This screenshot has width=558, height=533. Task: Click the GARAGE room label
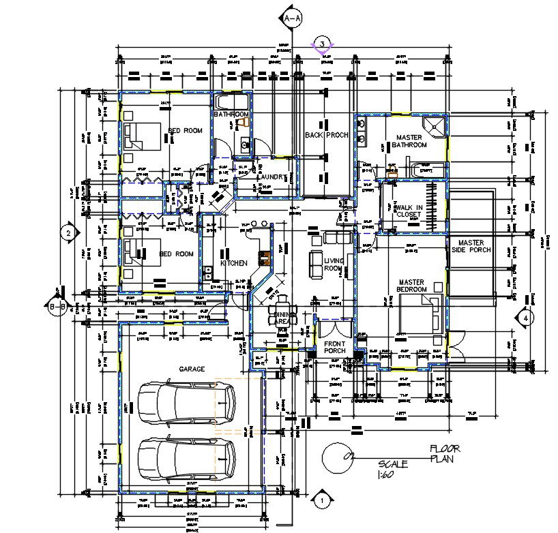(x=192, y=369)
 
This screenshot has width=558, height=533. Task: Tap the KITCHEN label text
(x=233, y=263)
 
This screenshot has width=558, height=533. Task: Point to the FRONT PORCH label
(x=335, y=347)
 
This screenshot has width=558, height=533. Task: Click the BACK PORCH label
(x=327, y=135)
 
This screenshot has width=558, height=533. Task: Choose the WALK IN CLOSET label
(x=409, y=211)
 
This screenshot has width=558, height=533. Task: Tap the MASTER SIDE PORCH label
(x=471, y=246)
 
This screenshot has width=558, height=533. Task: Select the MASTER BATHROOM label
(x=411, y=141)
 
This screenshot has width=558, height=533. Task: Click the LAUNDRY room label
(x=271, y=177)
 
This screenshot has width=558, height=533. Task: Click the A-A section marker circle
(x=292, y=18)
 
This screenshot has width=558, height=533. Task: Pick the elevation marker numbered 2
(x=68, y=233)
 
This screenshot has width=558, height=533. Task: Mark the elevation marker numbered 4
(x=525, y=317)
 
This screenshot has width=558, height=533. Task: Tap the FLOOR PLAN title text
(x=444, y=453)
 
